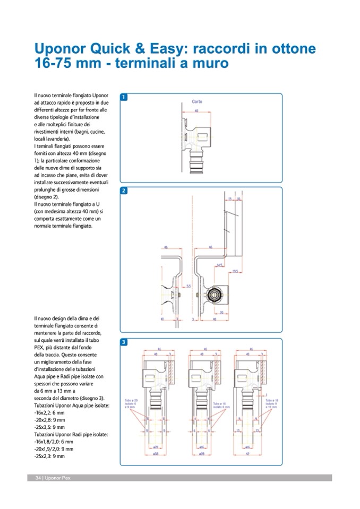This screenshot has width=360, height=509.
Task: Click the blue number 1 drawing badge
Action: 124,98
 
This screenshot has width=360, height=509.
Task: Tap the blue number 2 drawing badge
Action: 124,191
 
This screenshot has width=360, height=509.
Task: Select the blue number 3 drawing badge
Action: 124,342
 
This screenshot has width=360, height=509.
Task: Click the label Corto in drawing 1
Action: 196,101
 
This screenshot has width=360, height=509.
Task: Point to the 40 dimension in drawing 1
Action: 196,111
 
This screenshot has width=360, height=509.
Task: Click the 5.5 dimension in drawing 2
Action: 181,286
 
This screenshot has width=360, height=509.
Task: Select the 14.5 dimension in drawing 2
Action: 219,263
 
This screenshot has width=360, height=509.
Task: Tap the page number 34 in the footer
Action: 38,478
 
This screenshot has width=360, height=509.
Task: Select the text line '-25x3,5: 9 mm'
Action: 49,427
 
